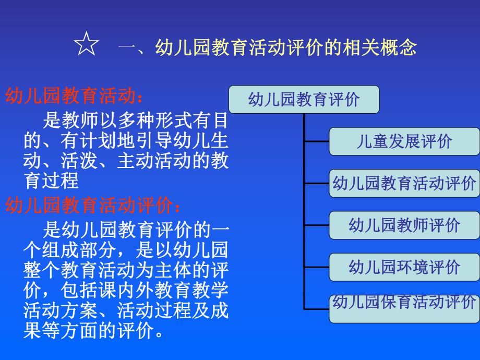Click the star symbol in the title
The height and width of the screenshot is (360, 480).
[87, 46]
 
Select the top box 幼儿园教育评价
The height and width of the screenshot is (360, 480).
[304, 99]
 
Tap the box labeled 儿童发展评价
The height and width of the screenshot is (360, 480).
[404, 141]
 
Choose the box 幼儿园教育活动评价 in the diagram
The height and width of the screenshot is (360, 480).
[404, 183]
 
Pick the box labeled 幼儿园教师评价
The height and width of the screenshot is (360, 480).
[404, 225]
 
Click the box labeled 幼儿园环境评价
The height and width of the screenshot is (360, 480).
[404, 267]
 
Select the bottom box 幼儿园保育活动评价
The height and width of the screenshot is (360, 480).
[404, 308]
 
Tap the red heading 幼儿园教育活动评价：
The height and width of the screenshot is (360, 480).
[94, 206]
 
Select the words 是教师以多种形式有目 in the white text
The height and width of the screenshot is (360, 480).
[136, 121]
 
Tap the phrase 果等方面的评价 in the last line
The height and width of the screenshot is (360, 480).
[89, 330]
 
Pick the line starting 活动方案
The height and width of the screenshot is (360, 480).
[125, 310]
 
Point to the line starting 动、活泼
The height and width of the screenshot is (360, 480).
[125, 161]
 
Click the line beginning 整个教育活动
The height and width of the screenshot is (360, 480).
[125, 270]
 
